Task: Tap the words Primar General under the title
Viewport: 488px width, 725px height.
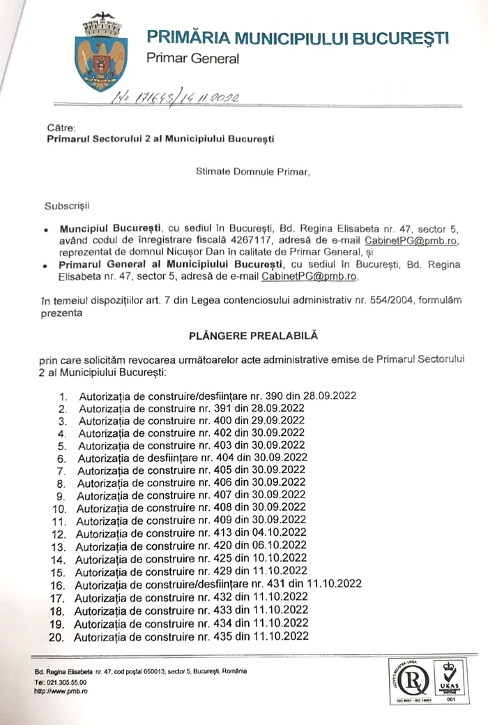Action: [192, 59]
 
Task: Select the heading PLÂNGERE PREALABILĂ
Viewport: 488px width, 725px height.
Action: [253, 336]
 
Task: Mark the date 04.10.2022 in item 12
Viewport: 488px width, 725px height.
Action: [280, 533]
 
